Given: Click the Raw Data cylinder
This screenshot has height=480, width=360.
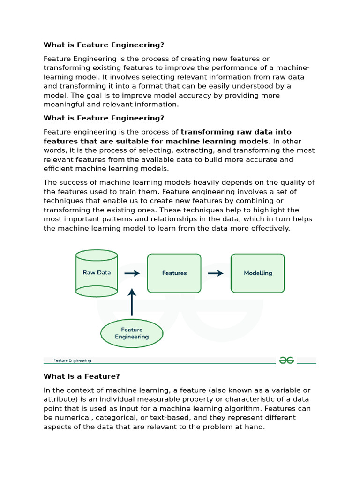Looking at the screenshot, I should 97,273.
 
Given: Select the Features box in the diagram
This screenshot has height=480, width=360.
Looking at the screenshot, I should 174,273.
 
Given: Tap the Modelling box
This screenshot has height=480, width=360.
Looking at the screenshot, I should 258,273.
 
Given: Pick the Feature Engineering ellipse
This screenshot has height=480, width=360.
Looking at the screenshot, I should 132,333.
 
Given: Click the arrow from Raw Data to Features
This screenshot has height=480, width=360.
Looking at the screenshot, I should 133,273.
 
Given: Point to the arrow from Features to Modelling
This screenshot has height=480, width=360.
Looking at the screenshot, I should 216,273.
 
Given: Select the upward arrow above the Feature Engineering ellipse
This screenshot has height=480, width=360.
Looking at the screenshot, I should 132,302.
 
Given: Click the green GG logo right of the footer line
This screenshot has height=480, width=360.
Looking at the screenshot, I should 286,360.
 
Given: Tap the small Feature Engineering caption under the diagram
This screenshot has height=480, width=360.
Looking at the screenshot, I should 72,360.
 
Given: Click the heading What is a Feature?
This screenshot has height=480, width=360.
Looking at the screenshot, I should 82,376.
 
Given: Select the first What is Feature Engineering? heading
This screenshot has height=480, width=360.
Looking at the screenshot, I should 104,45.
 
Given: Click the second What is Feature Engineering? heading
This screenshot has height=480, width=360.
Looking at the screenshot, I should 104,118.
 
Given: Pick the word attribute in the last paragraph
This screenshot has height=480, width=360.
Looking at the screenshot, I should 59,399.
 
